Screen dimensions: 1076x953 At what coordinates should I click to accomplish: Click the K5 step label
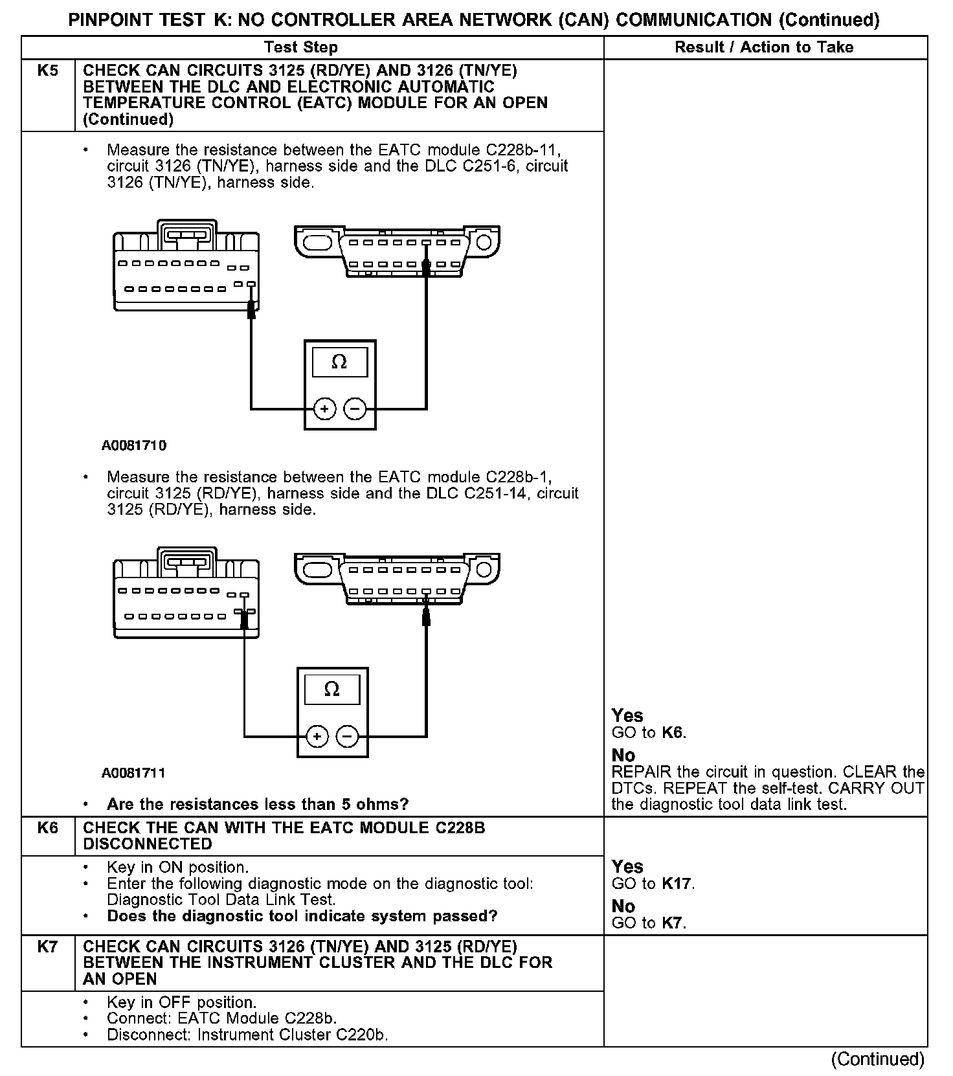48,71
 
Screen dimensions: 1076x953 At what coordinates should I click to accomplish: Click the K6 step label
48,827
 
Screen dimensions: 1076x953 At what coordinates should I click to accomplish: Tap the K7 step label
48,947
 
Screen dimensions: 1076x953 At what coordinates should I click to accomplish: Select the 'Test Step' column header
301,47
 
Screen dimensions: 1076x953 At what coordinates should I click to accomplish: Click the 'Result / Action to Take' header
764,47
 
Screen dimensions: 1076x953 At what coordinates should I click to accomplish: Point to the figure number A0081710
134,445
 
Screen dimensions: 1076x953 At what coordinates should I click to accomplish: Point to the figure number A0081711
134,772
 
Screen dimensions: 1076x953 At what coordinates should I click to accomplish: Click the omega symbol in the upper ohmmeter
339,362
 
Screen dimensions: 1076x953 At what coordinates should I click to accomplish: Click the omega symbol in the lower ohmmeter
331,689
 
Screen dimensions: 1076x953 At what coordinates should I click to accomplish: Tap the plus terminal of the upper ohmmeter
324,409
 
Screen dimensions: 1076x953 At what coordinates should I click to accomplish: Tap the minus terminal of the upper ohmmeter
355,409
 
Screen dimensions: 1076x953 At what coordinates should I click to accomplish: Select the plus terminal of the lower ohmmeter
317,736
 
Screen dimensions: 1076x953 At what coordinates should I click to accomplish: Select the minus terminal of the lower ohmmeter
348,736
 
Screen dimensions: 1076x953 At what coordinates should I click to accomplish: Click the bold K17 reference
677,884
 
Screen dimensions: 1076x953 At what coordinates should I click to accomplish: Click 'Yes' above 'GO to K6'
627,715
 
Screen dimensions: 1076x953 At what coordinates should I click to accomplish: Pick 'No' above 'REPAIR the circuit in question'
623,755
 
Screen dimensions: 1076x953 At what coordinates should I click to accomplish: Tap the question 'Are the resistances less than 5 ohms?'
258,804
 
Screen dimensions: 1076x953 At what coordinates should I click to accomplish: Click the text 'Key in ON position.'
177,867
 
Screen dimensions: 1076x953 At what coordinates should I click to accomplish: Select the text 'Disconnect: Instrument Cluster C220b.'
247,1035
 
